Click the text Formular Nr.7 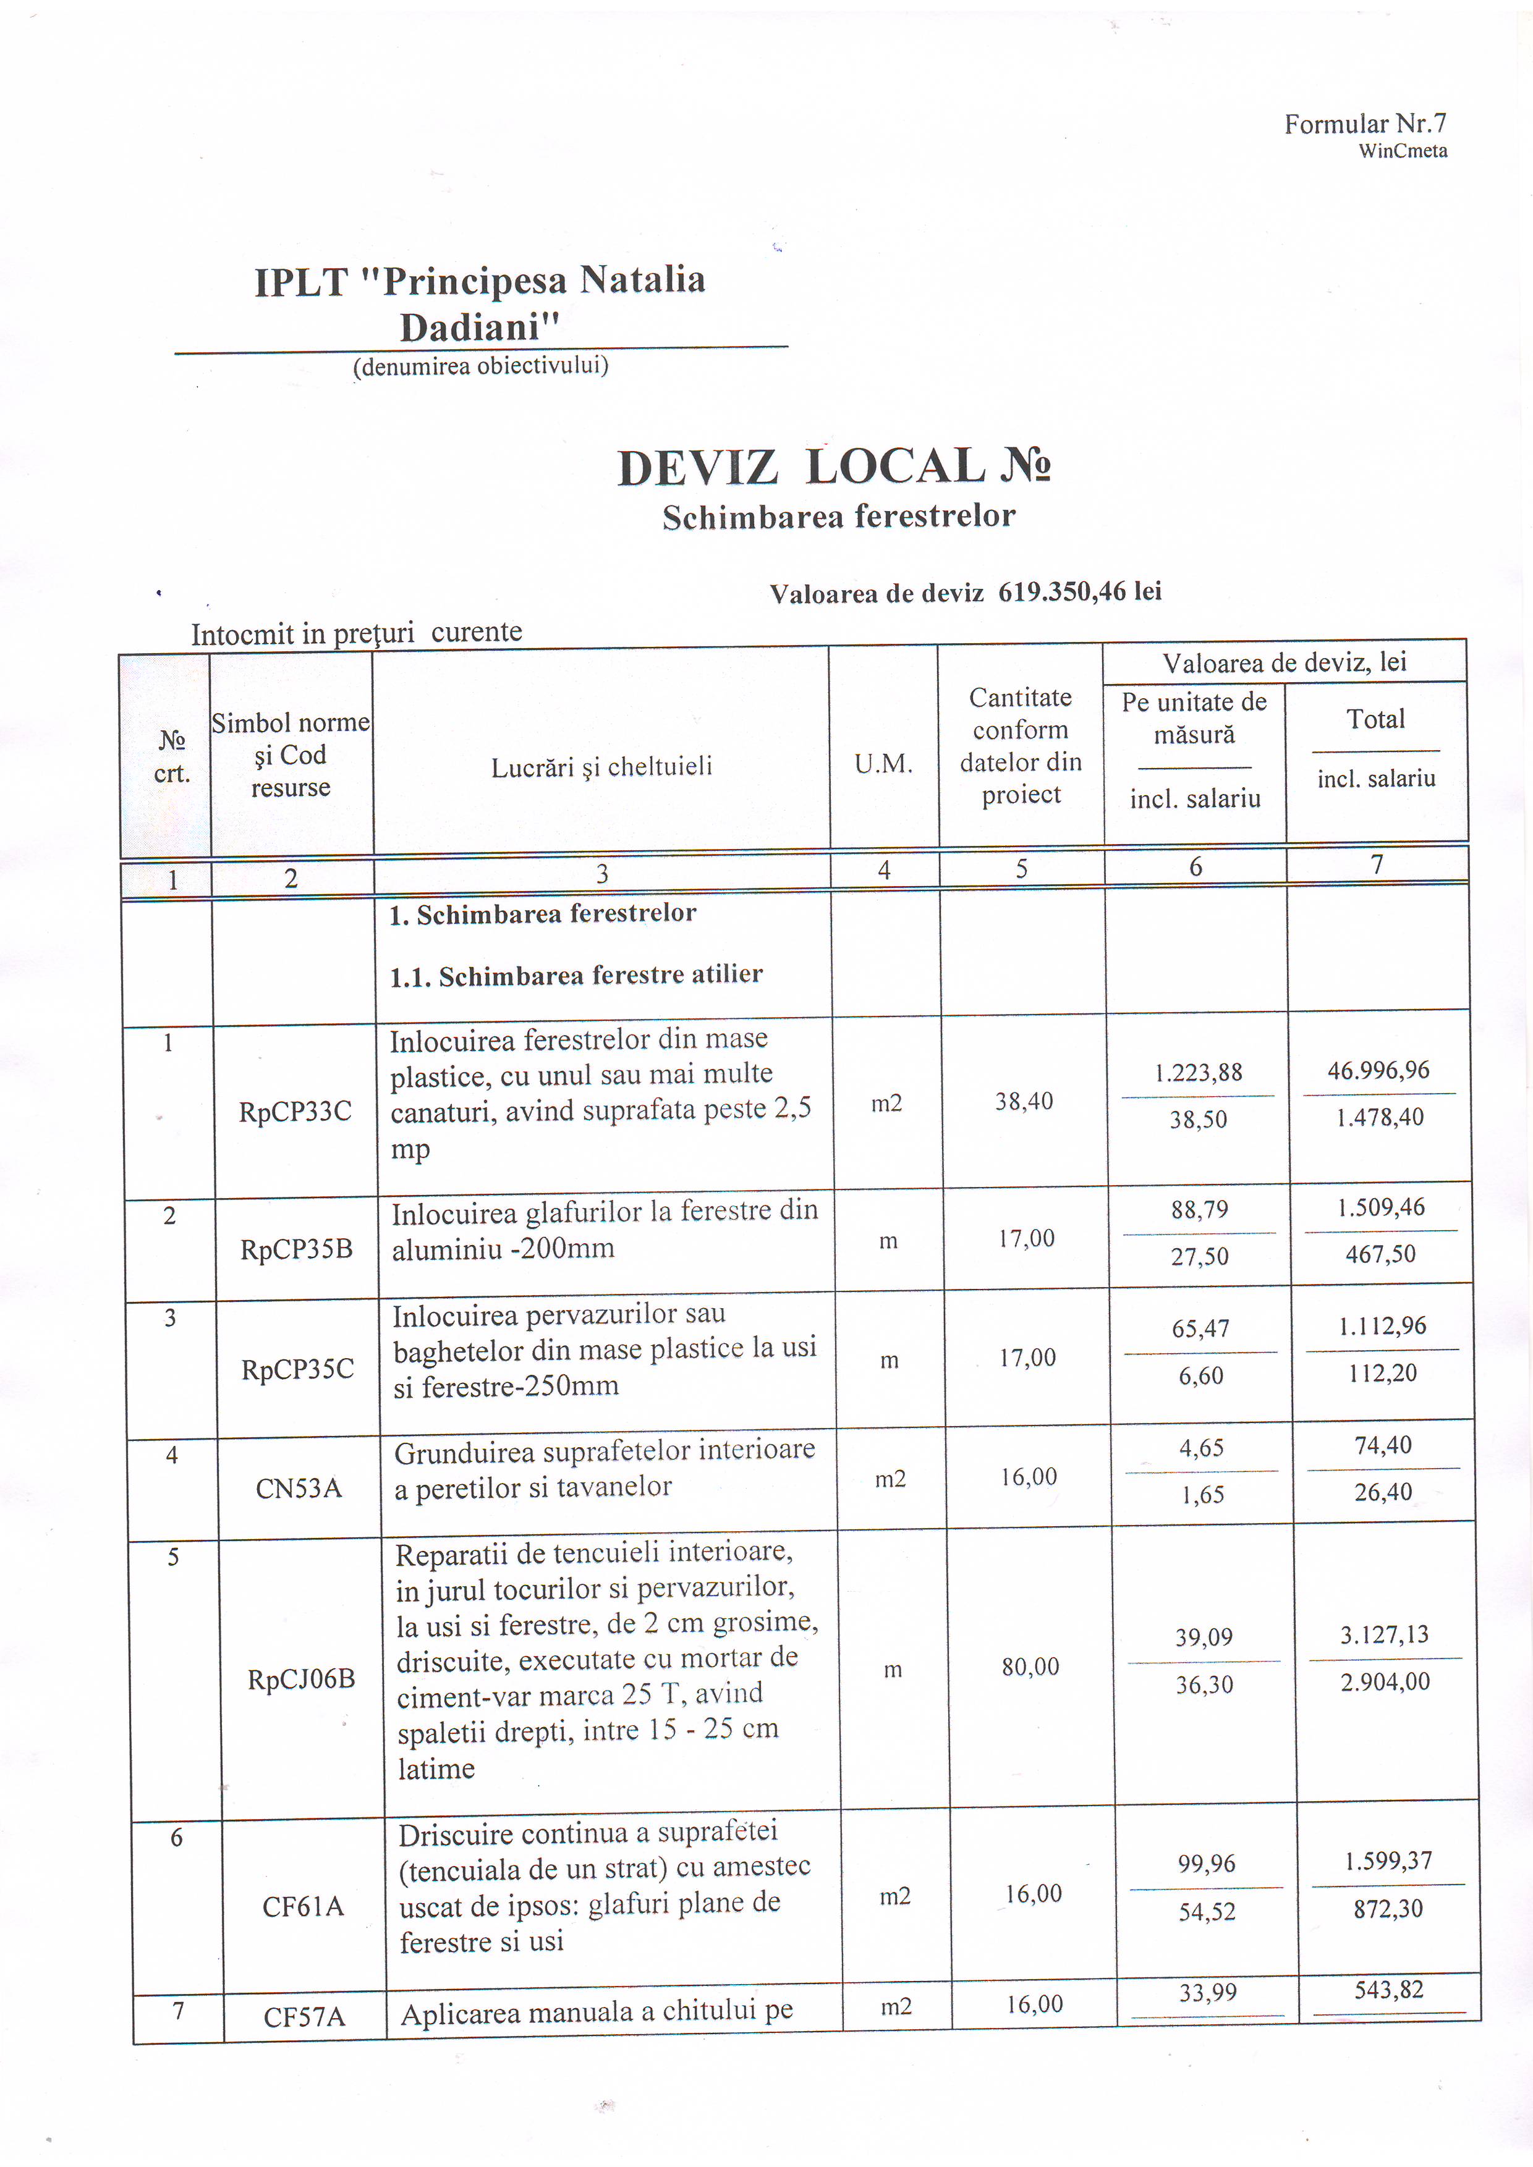(x=1364, y=124)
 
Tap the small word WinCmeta (x=1402, y=151)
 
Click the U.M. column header (x=883, y=764)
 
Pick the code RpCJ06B (x=301, y=1679)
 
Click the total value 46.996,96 (x=1378, y=1070)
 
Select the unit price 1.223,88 (x=1198, y=1072)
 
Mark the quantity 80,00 (x=1030, y=1666)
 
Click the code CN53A (x=299, y=1489)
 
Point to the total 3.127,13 (x=1384, y=1635)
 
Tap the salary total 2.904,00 (x=1385, y=1682)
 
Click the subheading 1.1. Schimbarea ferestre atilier (x=576, y=975)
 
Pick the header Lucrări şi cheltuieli (x=601, y=766)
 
